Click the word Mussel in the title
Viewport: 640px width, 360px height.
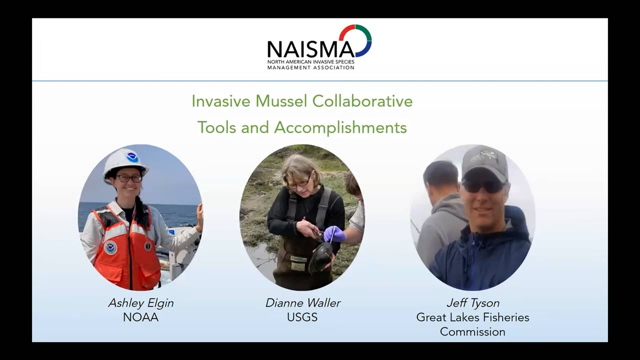(x=281, y=101)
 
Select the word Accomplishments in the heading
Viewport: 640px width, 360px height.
(x=340, y=128)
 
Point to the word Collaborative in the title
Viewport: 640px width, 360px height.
(x=362, y=101)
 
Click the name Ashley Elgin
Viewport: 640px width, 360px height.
(x=141, y=303)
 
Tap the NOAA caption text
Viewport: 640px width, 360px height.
(x=141, y=317)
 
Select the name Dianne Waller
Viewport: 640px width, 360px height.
(x=303, y=303)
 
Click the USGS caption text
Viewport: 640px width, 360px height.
(x=302, y=317)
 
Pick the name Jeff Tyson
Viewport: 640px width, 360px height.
(x=473, y=303)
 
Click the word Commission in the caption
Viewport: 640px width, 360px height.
(x=473, y=332)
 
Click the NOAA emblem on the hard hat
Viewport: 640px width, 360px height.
(x=132, y=157)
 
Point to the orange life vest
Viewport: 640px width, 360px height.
(x=127, y=253)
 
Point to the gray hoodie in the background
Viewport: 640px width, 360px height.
(x=440, y=227)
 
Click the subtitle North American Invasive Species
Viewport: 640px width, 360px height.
(x=311, y=62)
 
